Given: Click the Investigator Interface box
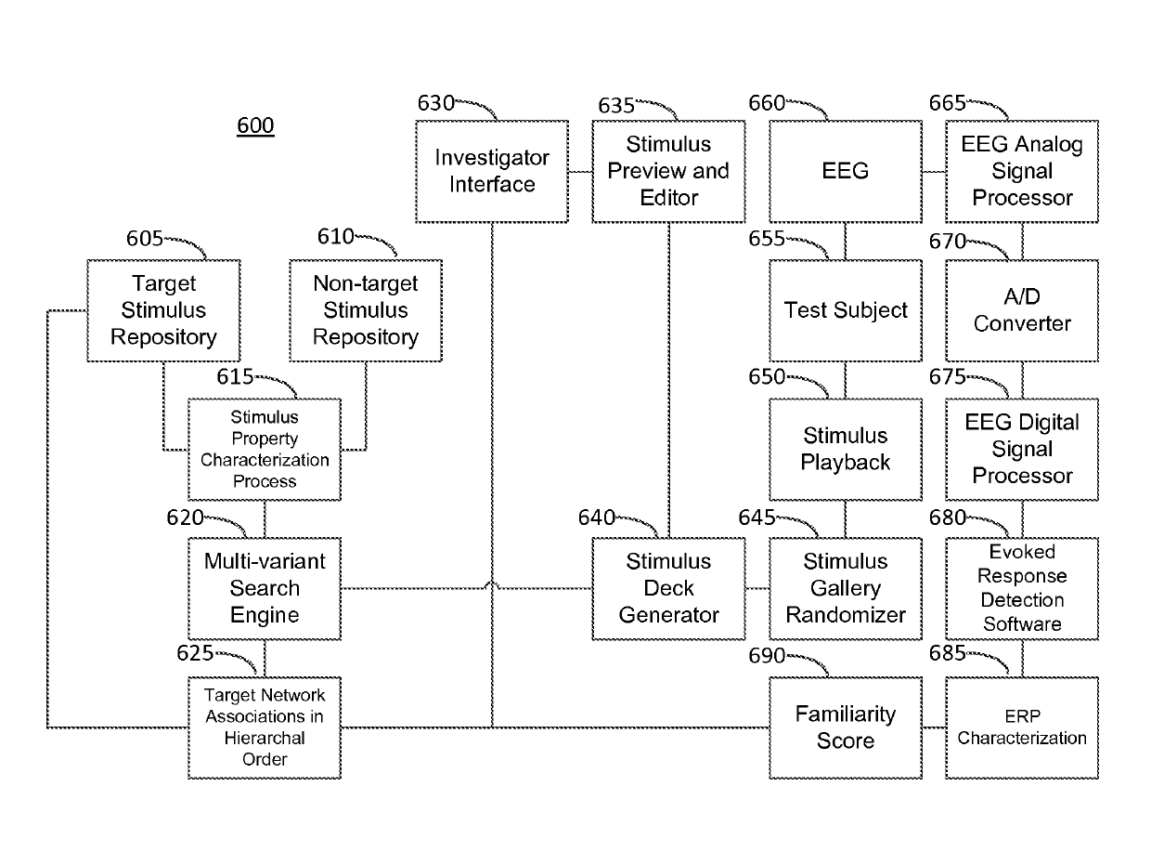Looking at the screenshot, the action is (492, 171).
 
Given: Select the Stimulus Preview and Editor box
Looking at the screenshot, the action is (668, 171).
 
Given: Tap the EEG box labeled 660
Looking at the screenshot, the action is (846, 171).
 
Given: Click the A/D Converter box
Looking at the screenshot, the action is (1022, 310).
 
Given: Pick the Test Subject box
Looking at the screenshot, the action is (846, 310).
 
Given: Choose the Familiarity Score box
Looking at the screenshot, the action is (846, 727).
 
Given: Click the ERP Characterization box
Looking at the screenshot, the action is (1022, 727).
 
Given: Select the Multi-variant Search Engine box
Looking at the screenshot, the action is (265, 588).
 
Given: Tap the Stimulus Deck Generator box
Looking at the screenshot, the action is (668, 588).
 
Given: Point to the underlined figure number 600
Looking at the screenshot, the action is (255, 126).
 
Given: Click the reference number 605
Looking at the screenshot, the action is (145, 239).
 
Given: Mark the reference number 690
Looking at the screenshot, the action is (767, 656).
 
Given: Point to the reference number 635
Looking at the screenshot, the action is (616, 106).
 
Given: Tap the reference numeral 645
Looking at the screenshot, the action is (757, 518).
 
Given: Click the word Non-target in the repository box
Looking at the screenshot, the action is (366, 283).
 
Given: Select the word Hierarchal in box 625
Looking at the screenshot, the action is (265, 738).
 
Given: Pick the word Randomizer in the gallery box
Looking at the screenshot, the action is (846, 615).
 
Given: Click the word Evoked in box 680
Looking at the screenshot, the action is (1022, 552).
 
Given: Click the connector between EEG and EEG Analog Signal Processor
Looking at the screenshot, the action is (934, 172).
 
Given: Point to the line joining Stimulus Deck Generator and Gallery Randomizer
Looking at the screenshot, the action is (757, 588).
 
